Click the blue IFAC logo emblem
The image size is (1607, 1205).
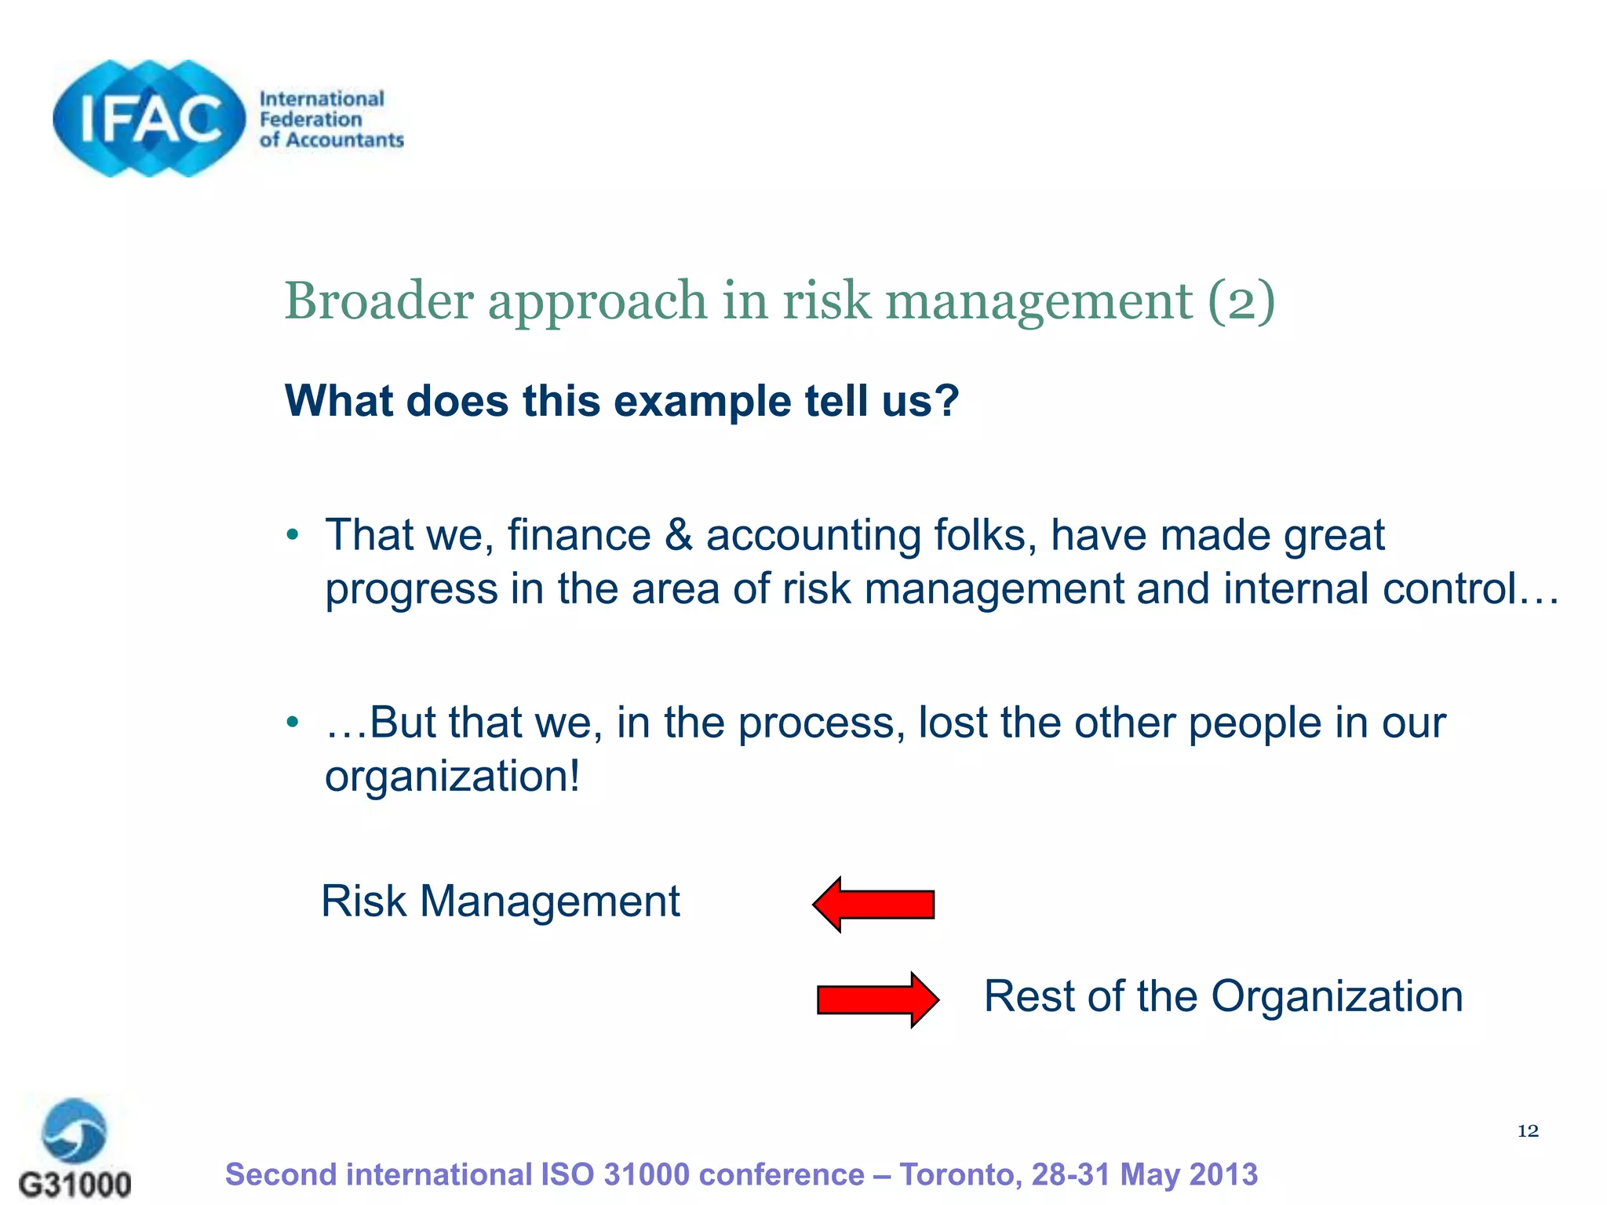pyautogui.click(x=149, y=118)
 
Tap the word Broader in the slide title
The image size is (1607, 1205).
pyautogui.click(x=378, y=300)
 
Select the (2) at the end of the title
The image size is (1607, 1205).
pyautogui.click(x=1241, y=300)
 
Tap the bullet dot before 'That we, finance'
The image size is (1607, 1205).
pyautogui.click(x=293, y=536)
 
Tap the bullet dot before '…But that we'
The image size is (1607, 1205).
pyautogui.click(x=293, y=722)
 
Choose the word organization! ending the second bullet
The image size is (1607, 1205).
pyautogui.click(x=453, y=777)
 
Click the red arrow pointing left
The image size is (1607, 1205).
pyautogui.click(x=873, y=904)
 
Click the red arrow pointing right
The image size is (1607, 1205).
pyautogui.click(x=877, y=999)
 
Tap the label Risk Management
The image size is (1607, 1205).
pyautogui.click(x=500, y=901)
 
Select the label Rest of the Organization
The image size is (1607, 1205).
pyautogui.click(x=1223, y=996)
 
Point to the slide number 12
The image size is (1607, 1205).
pyautogui.click(x=1527, y=1130)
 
